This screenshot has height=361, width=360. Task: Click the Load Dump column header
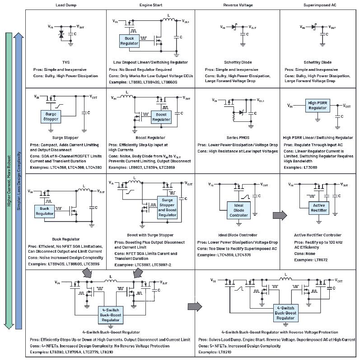pyautogui.click(x=65, y=5)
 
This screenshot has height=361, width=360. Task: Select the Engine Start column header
pyautogui.click(x=151, y=5)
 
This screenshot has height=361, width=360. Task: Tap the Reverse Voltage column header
pyautogui.click(x=238, y=5)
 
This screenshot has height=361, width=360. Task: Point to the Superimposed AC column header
pyautogui.click(x=318, y=5)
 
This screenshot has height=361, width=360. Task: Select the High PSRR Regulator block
pyautogui.click(x=318, y=106)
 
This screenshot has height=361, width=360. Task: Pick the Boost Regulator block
pyautogui.click(x=161, y=117)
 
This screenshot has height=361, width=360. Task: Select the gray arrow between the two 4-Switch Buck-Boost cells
pyautogui.click(x=194, y=306)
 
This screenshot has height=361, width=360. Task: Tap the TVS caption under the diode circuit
pyautogui.click(x=65, y=62)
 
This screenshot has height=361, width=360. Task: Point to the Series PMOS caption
pyautogui.click(x=238, y=138)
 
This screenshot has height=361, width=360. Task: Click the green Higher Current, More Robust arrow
pyautogui.click(x=9, y=180)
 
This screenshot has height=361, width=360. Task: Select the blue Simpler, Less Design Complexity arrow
pyautogui.click(x=19, y=180)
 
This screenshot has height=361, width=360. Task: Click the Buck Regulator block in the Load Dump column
pyautogui.click(x=44, y=211)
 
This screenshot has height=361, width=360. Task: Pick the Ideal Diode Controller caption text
pyautogui.click(x=238, y=235)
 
